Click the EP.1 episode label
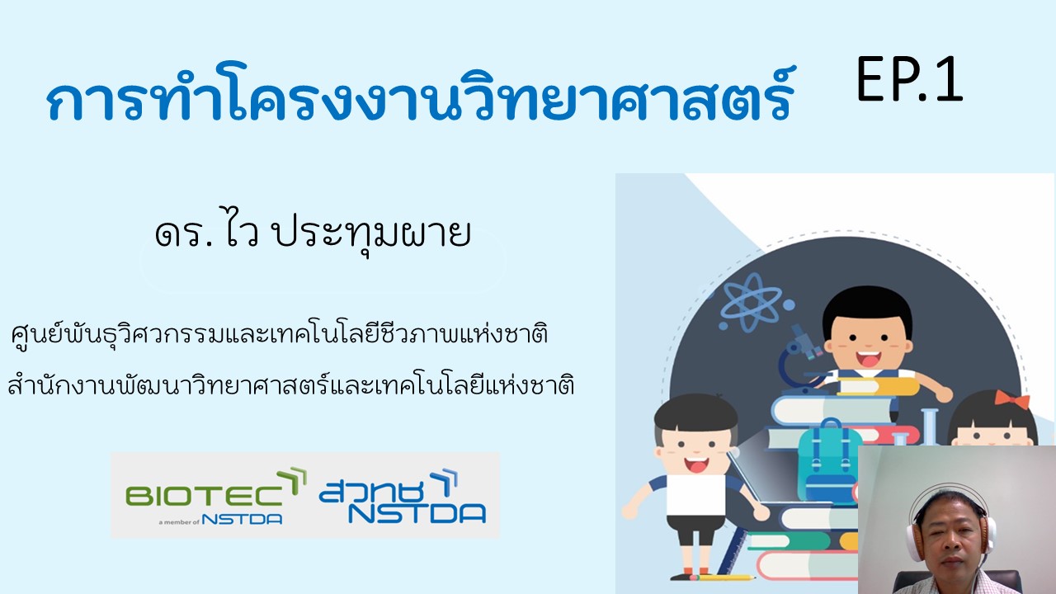pos(909,79)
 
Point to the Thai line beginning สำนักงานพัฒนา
pos(291,383)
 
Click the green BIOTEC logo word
pos(204,496)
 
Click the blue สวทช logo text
pos(372,493)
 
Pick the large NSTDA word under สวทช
pos(417,514)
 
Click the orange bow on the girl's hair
pos(1011,400)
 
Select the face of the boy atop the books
pos(867,344)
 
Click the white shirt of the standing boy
pos(695,494)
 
